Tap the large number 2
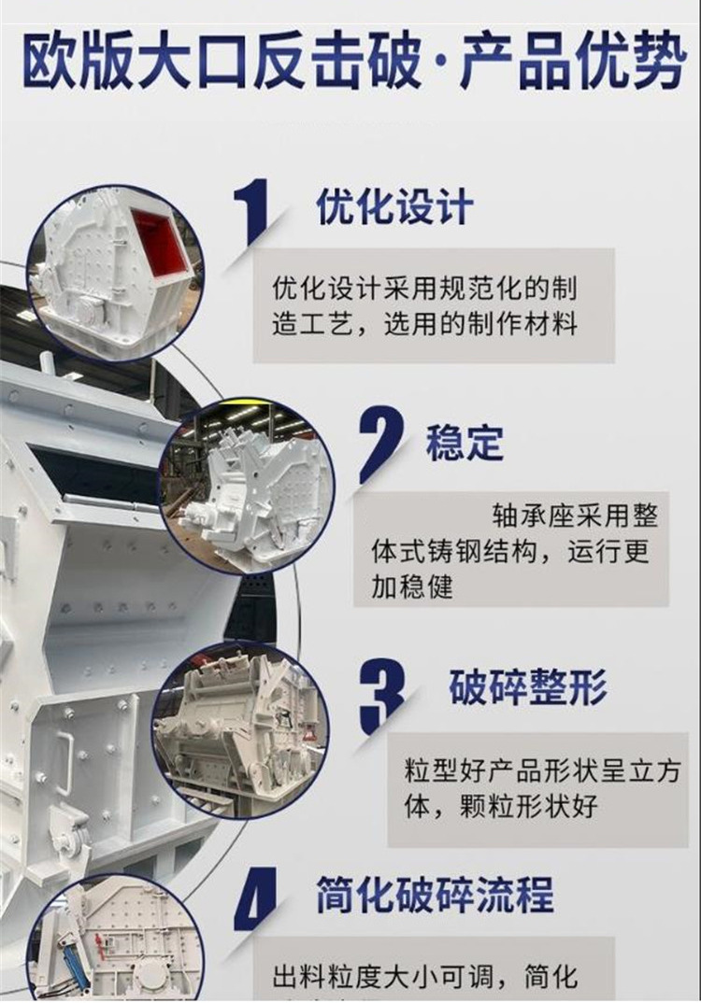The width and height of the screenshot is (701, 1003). (x=382, y=443)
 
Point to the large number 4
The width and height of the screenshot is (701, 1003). (x=256, y=898)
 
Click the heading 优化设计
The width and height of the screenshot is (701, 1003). (x=394, y=206)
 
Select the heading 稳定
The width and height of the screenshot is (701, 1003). (x=465, y=442)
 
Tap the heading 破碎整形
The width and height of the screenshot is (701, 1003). (x=527, y=686)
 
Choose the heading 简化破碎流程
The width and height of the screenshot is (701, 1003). (x=435, y=896)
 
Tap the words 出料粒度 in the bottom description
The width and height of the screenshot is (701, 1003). (x=327, y=977)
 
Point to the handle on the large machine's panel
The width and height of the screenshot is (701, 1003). (x=64, y=761)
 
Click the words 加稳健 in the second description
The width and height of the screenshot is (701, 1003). (x=412, y=586)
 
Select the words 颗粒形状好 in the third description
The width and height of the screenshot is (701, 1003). (x=528, y=806)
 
